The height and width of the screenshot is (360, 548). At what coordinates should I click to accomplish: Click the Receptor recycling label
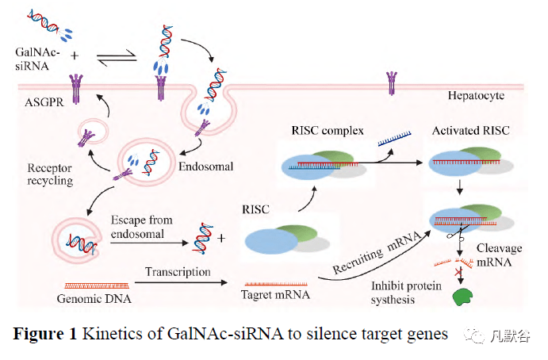(x=50, y=174)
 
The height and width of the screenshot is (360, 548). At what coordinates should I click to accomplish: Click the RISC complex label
(x=328, y=130)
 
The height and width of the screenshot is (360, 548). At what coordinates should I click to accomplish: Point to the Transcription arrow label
(x=178, y=271)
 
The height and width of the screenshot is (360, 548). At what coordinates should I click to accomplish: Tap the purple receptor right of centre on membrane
(x=389, y=80)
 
